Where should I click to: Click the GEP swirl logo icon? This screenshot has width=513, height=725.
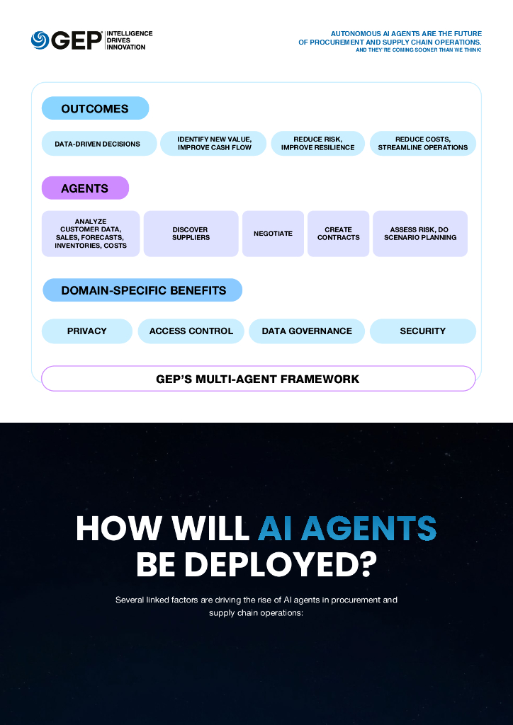40,40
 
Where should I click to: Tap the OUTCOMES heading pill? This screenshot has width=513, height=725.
95,108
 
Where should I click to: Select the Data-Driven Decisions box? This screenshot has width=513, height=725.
98,144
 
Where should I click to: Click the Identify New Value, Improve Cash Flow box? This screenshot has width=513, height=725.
214,144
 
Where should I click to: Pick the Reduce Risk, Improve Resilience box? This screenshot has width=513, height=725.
317,144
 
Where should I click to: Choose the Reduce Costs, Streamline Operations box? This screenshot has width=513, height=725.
422,144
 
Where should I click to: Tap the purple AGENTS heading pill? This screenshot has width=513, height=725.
85,188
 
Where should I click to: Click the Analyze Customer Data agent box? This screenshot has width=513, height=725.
91,234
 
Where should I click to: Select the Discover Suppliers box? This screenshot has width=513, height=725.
191,234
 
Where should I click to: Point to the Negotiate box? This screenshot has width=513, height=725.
273,234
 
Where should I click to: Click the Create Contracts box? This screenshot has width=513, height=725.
338,234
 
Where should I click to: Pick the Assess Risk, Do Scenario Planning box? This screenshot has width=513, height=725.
420,234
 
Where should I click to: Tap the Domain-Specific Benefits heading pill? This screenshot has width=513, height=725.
143,290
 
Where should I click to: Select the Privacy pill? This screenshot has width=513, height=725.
87,331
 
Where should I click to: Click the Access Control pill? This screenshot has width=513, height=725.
191,331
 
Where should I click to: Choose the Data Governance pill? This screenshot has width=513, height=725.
306,331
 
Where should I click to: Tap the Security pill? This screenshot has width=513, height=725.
422,331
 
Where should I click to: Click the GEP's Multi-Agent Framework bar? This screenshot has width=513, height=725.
258,379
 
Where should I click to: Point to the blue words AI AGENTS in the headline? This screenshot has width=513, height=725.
346,528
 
